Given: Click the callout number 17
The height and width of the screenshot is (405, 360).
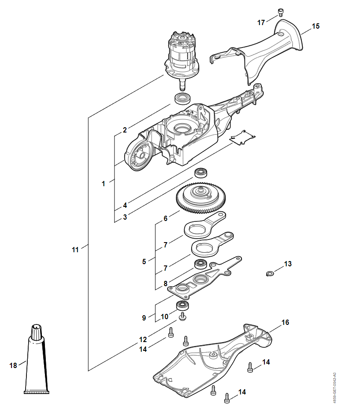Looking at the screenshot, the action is (x=261, y=23).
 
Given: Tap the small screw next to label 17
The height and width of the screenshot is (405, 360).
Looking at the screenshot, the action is (x=280, y=12).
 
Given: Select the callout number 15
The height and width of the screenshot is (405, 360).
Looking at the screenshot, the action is (x=315, y=26).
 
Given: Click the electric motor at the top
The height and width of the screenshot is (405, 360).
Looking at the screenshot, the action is (x=182, y=61).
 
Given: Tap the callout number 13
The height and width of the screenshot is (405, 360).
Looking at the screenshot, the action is (x=288, y=264).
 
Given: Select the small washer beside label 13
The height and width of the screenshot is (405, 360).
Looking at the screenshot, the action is (x=270, y=273).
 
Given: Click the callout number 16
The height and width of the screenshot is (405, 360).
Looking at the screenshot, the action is (x=285, y=322).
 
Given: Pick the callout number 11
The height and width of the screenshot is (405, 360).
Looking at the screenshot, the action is (x=75, y=250).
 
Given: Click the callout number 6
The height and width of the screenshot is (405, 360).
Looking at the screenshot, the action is (x=166, y=218).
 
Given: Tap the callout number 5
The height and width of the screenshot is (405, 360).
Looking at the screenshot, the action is (x=144, y=261).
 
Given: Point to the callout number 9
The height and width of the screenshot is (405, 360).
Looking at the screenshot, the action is (x=144, y=318).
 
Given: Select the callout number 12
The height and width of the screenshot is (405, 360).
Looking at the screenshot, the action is (x=143, y=339).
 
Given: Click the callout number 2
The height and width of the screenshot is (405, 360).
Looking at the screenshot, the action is (x=125, y=130).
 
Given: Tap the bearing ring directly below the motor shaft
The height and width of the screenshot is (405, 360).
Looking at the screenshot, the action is (x=183, y=99).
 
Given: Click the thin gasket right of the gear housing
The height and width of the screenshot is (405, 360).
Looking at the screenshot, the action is (x=242, y=137).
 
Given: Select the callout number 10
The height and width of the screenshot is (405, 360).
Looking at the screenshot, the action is (x=164, y=317).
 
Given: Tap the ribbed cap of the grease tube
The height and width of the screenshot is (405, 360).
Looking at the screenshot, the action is (x=36, y=331).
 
